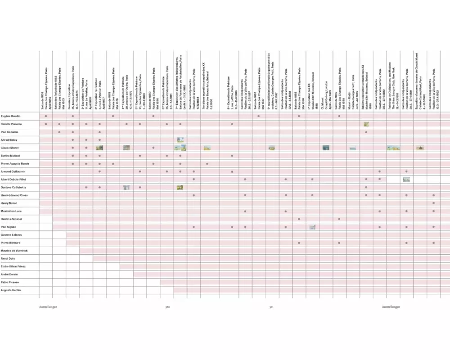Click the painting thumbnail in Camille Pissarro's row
[x=366, y=124]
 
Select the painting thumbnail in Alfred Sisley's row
[x=180, y=140]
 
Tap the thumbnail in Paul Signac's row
[x=312, y=227]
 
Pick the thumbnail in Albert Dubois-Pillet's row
[x=406, y=180]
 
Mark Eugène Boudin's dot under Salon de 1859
[x=46, y=116]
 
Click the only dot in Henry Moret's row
[x=433, y=203]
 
